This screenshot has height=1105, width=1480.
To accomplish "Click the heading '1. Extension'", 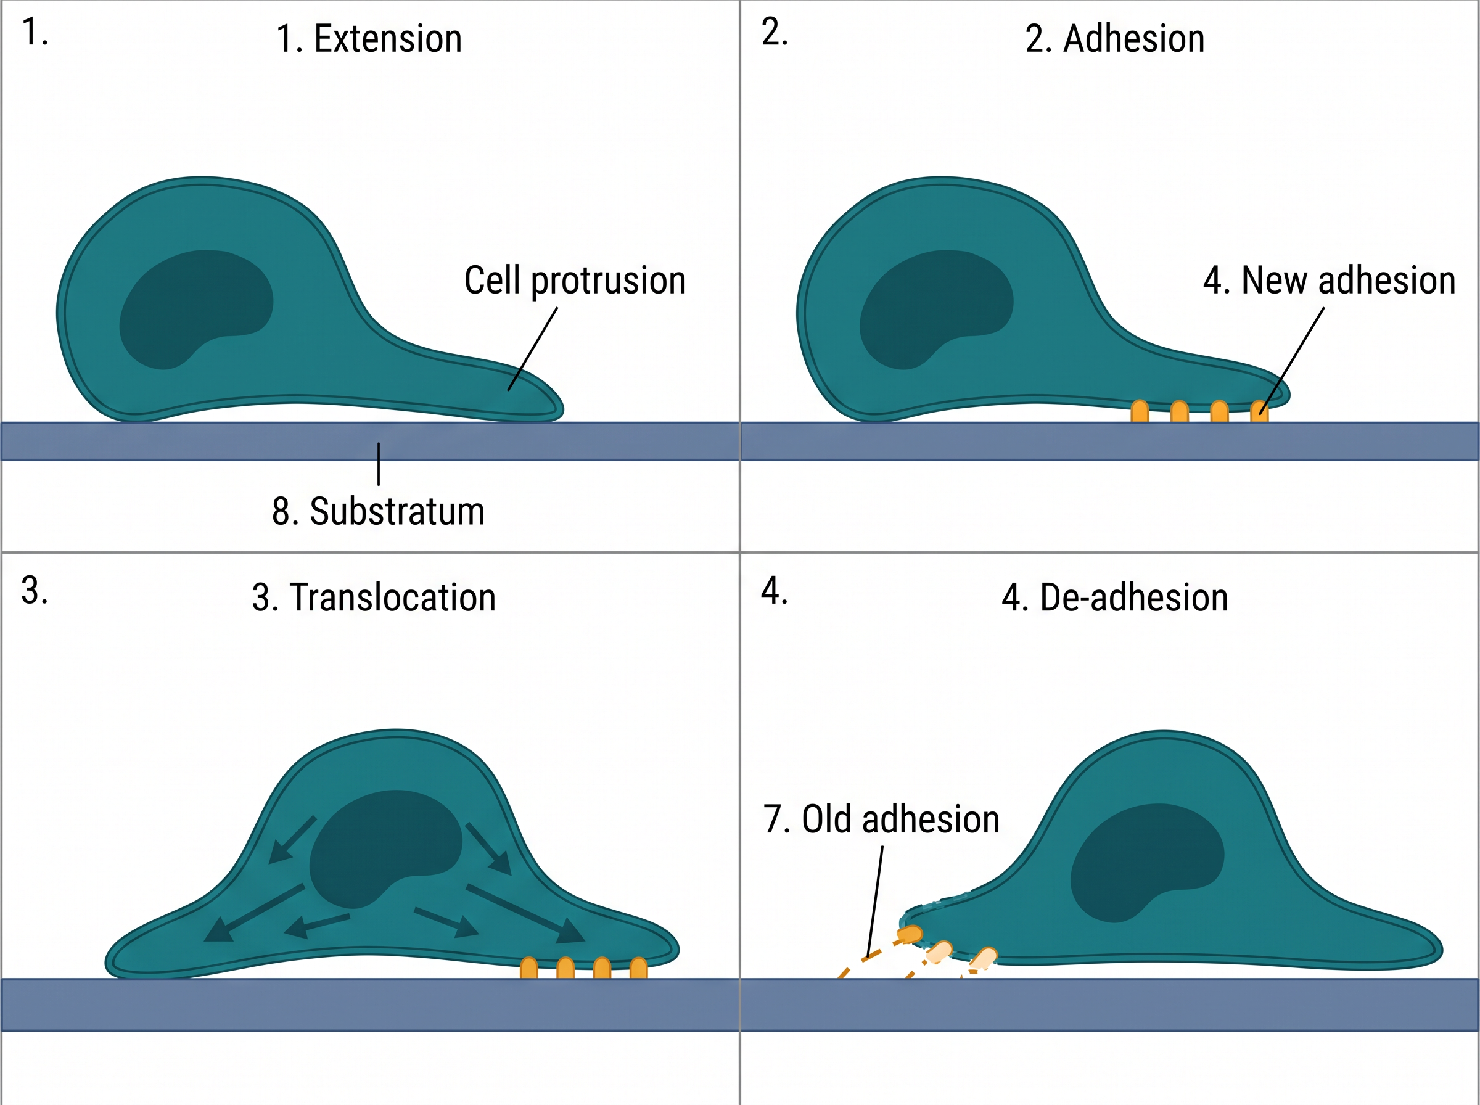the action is (x=369, y=39).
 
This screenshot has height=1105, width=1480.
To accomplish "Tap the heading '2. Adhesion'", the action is (x=1115, y=39).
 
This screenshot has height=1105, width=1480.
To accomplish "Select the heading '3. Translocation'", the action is (x=374, y=598).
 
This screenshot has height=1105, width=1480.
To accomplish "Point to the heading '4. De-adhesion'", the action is (x=1115, y=598).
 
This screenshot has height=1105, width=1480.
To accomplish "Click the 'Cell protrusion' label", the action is (x=575, y=281).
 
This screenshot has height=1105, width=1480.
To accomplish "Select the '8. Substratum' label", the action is (x=378, y=512).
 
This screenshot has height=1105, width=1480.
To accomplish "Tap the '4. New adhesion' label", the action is (x=1330, y=281).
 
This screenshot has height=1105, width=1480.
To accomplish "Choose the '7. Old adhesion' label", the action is (x=881, y=820).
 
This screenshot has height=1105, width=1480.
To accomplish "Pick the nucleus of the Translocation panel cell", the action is (x=386, y=849).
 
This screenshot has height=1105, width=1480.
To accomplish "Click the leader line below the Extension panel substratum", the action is (x=379, y=464).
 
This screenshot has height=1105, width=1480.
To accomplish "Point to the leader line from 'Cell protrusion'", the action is (x=532, y=349).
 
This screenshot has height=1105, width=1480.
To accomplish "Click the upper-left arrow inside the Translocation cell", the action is (x=292, y=840).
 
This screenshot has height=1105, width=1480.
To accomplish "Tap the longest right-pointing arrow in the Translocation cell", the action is (x=525, y=914).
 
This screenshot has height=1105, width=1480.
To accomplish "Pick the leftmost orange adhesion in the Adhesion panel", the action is (x=1140, y=411).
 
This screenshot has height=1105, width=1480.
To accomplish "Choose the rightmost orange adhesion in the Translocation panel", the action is (x=639, y=969).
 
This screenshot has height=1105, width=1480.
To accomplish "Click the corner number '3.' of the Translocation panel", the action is (x=35, y=591).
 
